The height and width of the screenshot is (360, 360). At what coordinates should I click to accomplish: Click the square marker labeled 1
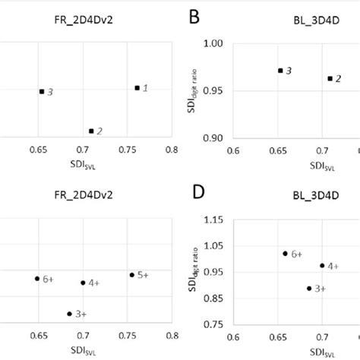137,88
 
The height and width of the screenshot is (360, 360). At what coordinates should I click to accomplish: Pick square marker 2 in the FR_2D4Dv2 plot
91,131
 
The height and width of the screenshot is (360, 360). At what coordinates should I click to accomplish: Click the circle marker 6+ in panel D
285,253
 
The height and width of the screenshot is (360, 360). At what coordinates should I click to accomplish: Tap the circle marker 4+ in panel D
322,266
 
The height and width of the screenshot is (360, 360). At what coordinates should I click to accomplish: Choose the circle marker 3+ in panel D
309,288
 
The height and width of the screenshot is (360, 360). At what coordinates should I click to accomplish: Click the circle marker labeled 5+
131,274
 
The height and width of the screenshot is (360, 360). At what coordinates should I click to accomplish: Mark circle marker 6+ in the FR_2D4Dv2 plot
36,279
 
